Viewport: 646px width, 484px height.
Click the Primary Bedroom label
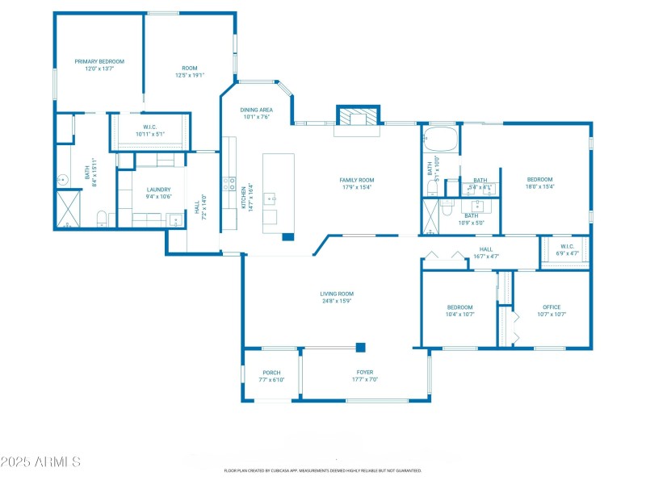[99, 61]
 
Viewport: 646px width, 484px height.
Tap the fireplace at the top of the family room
[356, 117]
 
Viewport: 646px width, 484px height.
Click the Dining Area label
[256, 110]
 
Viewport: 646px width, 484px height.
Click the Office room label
[552, 307]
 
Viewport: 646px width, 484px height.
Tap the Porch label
[271, 373]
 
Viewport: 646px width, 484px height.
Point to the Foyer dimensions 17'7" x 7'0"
[366, 379]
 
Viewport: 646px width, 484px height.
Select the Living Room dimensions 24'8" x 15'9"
[337, 301]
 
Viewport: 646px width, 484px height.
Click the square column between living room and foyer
[361, 347]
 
